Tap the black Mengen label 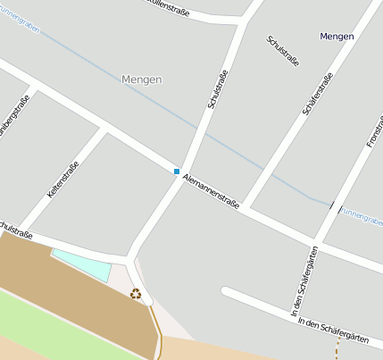point(337,37)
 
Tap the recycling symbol point(136,293)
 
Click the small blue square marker point(177,171)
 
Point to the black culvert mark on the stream point(331,205)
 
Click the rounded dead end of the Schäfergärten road point(227,292)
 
